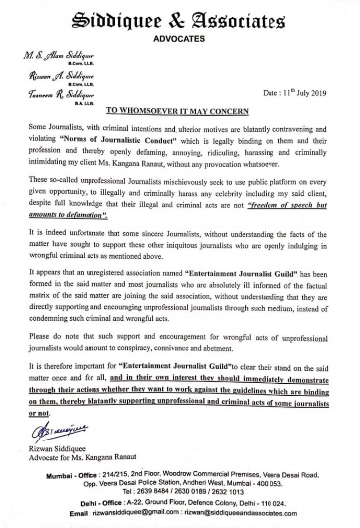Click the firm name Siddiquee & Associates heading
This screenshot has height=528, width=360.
pos(179,17)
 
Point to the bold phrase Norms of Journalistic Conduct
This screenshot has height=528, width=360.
pos(117,171)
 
